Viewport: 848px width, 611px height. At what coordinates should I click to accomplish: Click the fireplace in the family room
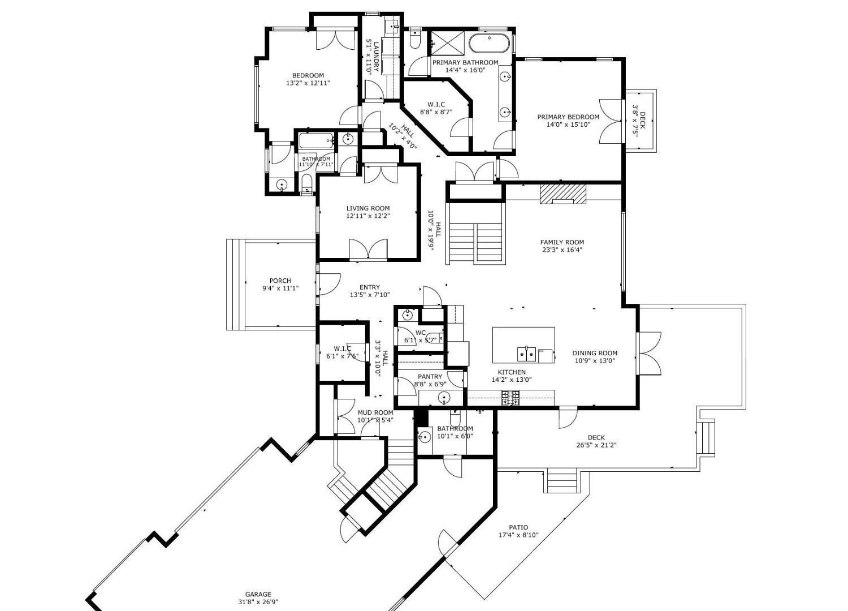(563, 193)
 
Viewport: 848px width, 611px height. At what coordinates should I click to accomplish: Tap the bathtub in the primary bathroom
(490, 43)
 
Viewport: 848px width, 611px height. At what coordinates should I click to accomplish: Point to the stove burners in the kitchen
(510, 398)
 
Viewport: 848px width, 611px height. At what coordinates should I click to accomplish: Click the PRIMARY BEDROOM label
(568, 117)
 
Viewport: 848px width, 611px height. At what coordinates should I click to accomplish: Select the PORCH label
(280, 281)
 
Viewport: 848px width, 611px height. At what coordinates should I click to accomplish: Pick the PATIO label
(518, 528)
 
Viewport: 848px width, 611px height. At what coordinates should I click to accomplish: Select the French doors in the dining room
(649, 352)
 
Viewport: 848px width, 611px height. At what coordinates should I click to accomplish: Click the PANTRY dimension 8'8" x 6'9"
(430, 384)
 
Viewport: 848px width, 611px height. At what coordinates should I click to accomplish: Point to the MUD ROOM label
(375, 412)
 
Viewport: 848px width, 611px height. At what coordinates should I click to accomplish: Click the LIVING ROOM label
(368, 208)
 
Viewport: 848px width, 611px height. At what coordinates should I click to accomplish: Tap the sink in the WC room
(408, 315)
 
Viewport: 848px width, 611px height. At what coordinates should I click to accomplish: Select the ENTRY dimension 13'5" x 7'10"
(370, 295)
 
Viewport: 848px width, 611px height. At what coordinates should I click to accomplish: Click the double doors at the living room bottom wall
(368, 249)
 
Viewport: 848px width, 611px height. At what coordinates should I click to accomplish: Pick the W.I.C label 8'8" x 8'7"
(436, 105)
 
